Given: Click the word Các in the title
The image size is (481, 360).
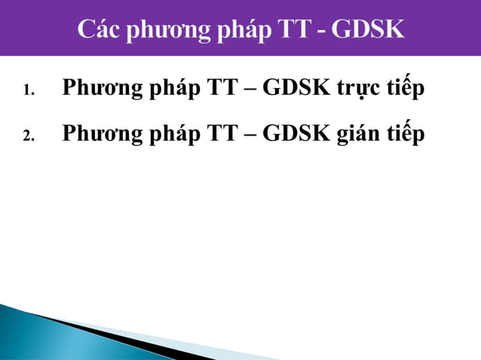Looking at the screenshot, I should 100,30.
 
